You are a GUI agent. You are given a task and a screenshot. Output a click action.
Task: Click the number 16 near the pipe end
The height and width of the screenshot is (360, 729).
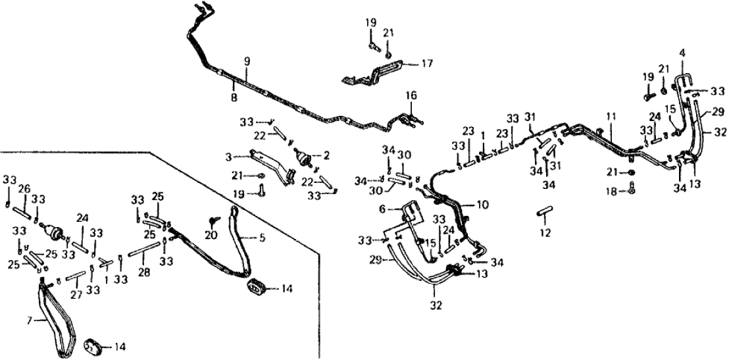click(411, 96)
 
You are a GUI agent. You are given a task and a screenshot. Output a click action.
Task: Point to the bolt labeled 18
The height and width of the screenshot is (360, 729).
click(631, 190)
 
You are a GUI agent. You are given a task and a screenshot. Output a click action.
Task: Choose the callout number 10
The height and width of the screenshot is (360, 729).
click(483, 205)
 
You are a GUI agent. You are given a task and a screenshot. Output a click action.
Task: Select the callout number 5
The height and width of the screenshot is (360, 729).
click(262, 239)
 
